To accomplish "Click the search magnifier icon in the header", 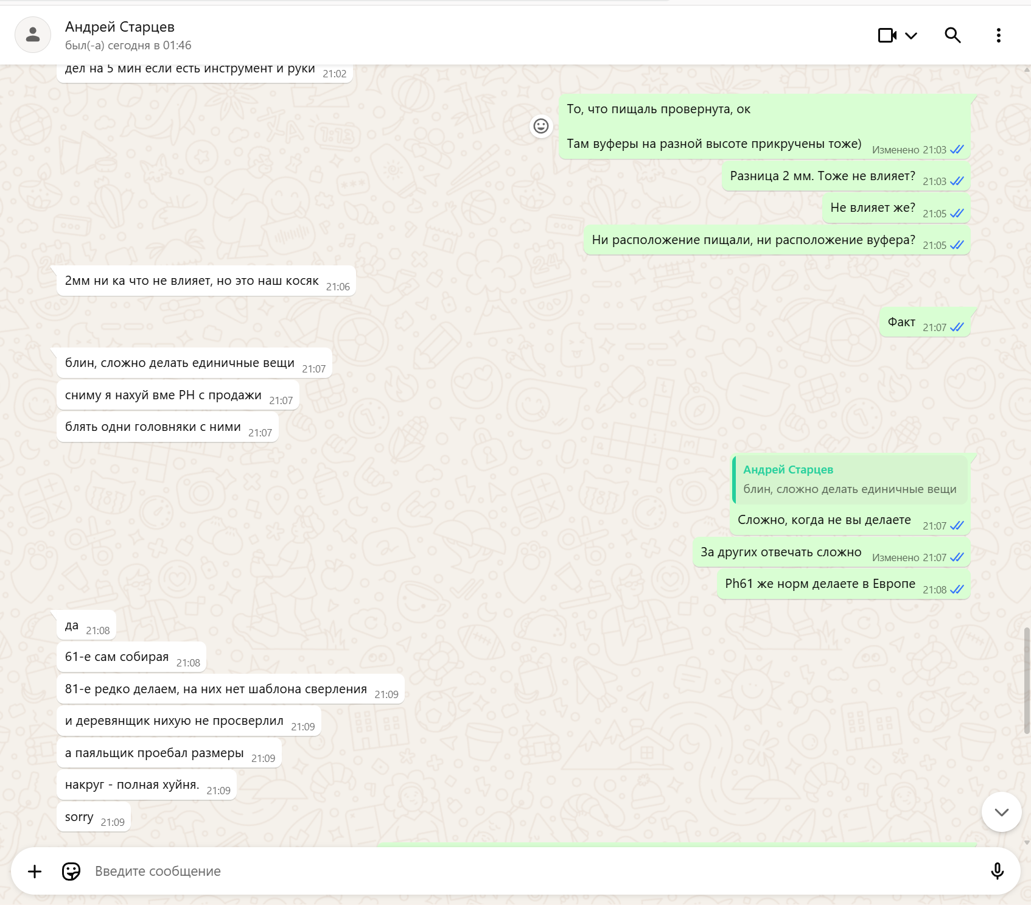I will [x=952, y=35].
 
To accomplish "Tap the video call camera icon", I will [x=887, y=35].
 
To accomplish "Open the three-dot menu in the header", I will [x=998, y=35].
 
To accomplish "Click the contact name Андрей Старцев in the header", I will [x=120, y=27].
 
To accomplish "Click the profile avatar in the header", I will [x=33, y=35].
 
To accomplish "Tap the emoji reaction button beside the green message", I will [x=541, y=126].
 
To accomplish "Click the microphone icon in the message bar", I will [x=997, y=871].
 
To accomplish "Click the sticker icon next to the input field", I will [x=71, y=871].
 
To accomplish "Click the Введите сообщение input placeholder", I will [x=158, y=871].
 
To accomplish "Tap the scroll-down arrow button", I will [x=1001, y=812].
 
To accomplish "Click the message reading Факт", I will [x=901, y=322].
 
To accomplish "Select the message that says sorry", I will [x=79, y=817].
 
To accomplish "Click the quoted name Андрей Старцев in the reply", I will [x=788, y=469].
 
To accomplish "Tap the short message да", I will [x=72, y=625].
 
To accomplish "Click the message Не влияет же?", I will [x=873, y=208].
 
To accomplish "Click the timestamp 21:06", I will [x=338, y=287].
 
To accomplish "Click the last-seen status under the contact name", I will [x=128, y=45].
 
